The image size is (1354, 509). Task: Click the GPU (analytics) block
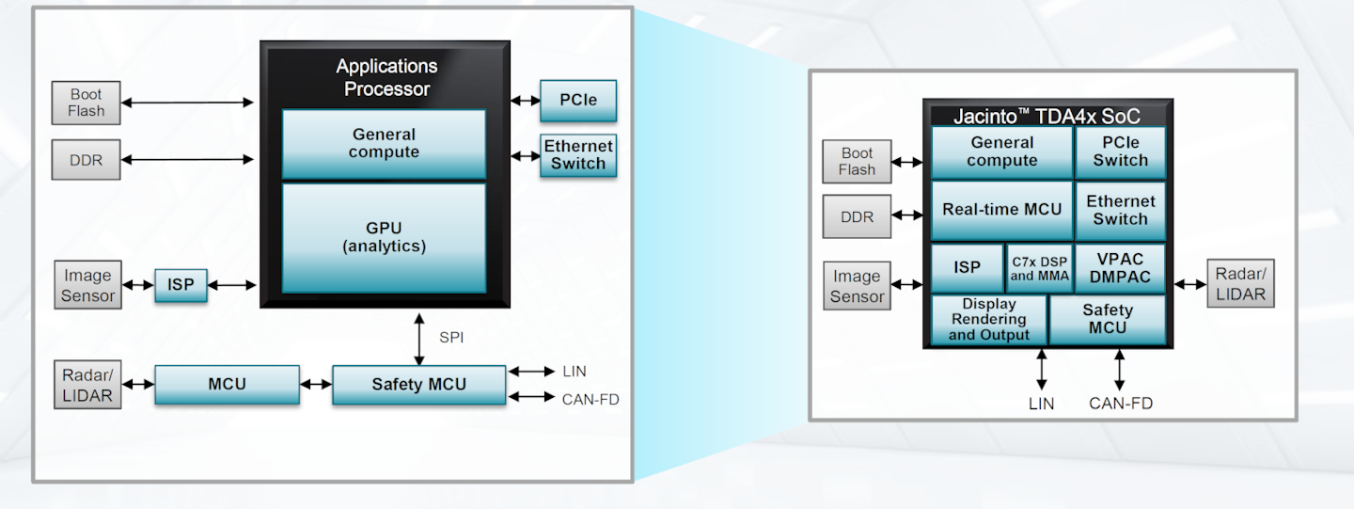pyautogui.click(x=384, y=237)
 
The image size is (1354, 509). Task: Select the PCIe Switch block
pyautogui.click(x=1120, y=151)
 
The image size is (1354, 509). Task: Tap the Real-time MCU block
pyautogui.click(x=1001, y=210)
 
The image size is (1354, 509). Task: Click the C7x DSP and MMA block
pyautogui.click(x=1039, y=269)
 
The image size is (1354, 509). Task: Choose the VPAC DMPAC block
pyautogui.click(x=1119, y=269)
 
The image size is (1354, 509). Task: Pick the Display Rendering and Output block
pyautogui.click(x=988, y=320)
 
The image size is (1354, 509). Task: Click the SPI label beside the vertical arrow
pyautogui.click(x=452, y=337)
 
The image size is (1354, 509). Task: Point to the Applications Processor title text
pyautogui.click(x=386, y=78)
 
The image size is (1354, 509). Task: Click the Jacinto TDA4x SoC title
pyautogui.click(x=1047, y=117)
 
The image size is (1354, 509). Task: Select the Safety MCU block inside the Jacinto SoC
pyautogui.click(x=1107, y=319)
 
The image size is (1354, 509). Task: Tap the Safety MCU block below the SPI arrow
pyautogui.click(x=418, y=384)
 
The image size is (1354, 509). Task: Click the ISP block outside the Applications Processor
pyautogui.click(x=181, y=285)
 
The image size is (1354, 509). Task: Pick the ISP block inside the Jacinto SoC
pyautogui.click(x=967, y=268)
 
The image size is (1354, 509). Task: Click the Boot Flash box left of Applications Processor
pyautogui.click(x=87, y=103)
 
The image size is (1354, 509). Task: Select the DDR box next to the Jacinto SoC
pyautogui.click(x=857, y=216)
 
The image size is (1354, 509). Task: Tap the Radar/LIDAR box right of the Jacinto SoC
pyautogui.click(x=1240, y=283)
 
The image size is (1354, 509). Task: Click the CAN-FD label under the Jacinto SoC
pyautogui.click(x=1120, y=404)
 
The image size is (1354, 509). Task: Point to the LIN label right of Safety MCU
pyautogui.click(x=574, y=372)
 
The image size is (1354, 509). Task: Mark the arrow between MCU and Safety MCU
pyautogui.click(x=316, y=384)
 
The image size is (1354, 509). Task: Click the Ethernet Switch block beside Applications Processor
pyautogui.click(x=578, y=155)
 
